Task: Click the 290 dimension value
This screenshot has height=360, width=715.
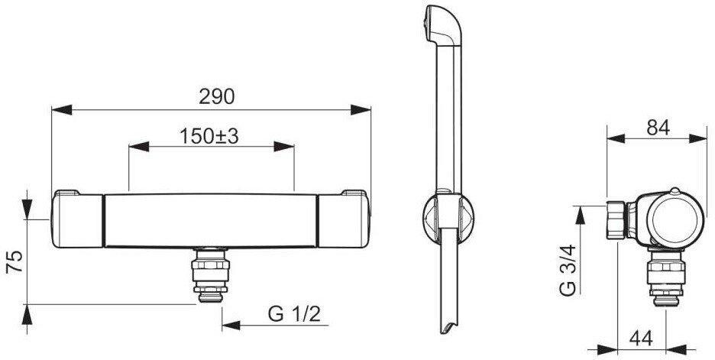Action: click(216, 97)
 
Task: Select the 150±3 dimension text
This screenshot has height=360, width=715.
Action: click(209, 136)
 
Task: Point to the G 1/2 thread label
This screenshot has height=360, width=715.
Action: click(295, 314)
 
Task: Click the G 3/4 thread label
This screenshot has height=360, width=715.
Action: click(568, 271)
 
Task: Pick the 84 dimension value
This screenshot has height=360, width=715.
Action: click(658, 128)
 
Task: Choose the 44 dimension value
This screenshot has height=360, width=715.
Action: click(641, 338)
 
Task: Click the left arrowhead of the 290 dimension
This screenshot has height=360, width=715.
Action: click(62, 110)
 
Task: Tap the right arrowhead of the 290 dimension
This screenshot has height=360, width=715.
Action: click(361, 110)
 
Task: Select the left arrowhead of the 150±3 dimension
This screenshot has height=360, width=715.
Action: click(139, 147)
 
